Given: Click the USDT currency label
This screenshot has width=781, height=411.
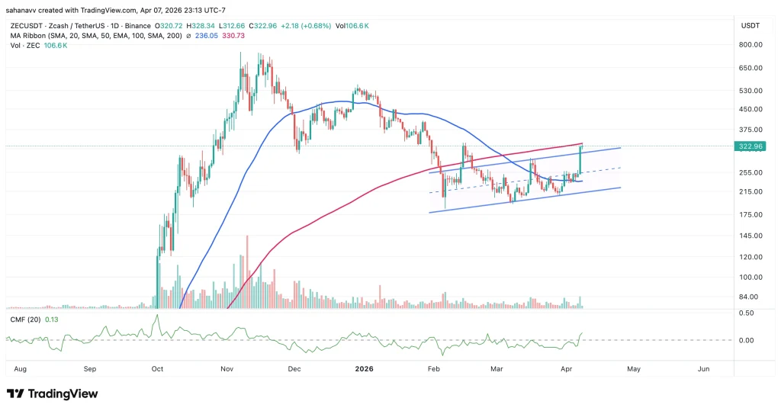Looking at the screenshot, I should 748,25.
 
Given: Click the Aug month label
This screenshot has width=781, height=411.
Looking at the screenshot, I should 21,368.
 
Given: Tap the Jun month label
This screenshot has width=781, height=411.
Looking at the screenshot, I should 703,368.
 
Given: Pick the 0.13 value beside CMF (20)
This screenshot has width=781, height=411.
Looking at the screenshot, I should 53,319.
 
